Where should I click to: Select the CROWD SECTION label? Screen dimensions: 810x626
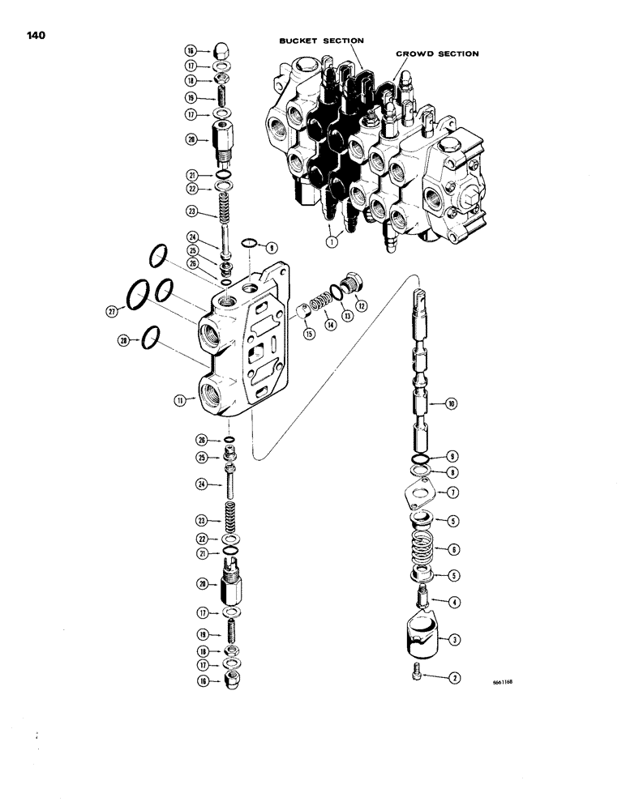click(437, 53)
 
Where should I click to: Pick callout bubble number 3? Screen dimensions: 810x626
click(456, 640)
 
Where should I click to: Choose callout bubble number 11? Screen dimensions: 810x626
click(182, 399)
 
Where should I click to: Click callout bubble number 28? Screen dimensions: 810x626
click(125, 340)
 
